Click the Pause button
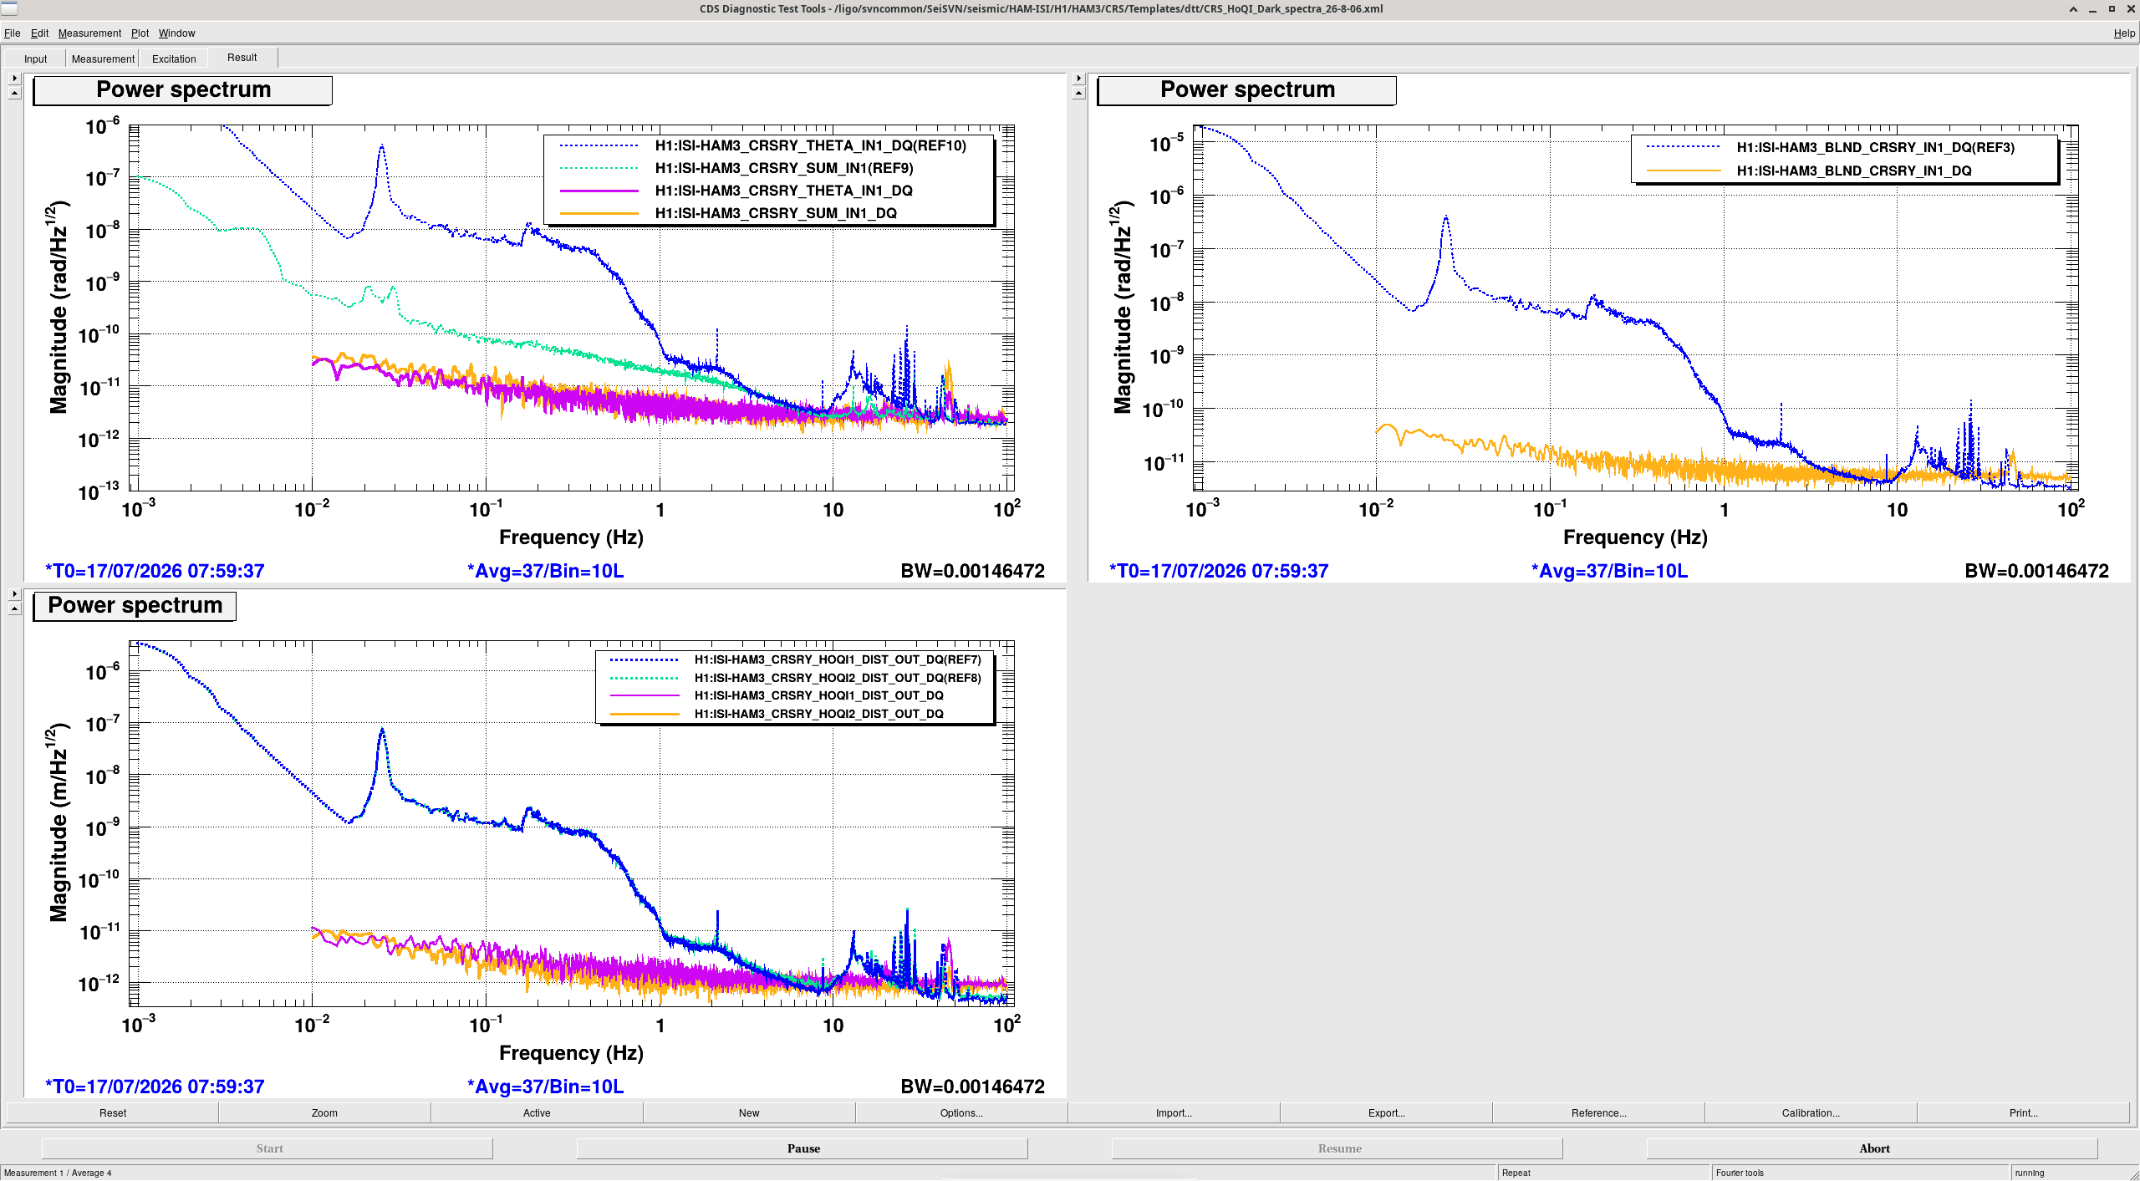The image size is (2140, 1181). pyautogui.click(x=802, y=1148)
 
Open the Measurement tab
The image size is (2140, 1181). pyautogui.click(x=103, y=59)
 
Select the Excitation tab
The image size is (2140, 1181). pyautogui.click(x=174, y=59)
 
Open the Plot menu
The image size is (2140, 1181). pyautogui.click(x=140, y=33)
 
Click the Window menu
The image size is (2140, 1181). pyautogui.click(x=176, y=33)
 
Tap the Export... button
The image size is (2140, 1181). pyautogui.click(x=1386, y=1112)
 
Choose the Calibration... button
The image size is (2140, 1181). pyautogui.click(x=1811, y=1112)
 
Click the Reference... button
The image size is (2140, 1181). pyautogui.click(x=1598, y=1112)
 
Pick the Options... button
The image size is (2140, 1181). pyautogui.click(x=961, y=1112)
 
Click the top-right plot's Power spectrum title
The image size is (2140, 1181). pyautogui.click(x=1247, y=89)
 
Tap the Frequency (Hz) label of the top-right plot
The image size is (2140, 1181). pyautogui.click(x=1635, y=537)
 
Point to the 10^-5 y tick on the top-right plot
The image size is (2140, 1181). pyautogui.click(x=1165, y=144)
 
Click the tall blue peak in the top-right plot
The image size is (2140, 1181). pyautogui.click(x=1445, y=217)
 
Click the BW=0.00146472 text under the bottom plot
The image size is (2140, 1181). pyautogui.click(x=972, y=1087)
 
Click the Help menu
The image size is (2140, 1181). pyautogui.click(x=2124, y=33)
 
